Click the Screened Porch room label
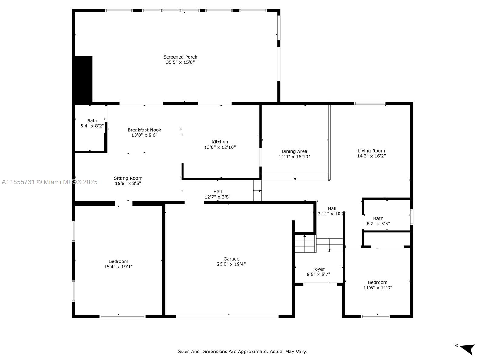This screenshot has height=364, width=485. pos(180,57)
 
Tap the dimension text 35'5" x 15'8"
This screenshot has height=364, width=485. pos(180,62)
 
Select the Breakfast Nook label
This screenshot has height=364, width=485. pos(144,130)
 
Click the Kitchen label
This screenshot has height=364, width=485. pos(220,142)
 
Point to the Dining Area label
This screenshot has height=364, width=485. pos(294,151)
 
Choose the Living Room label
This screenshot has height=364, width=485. pos(371,151)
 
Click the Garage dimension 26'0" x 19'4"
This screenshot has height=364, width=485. pos(231,264)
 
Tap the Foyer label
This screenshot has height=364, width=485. pos(318,269)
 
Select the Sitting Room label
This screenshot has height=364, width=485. pos(128,178)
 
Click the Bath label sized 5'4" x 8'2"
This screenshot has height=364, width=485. pos(92,121)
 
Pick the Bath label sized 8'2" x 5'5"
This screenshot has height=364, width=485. pos(378,218)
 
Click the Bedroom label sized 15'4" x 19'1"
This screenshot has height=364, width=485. pos(118,261)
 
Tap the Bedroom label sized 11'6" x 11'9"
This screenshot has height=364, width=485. pos(377,282)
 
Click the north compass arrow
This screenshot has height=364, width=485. pos(468,349)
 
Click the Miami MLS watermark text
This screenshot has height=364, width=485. pos(50,182)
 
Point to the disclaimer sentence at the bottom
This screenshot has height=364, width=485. pos(242,352)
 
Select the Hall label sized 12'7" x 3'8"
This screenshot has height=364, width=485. pos(217,192)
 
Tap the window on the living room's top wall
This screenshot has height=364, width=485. pos(370,103)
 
